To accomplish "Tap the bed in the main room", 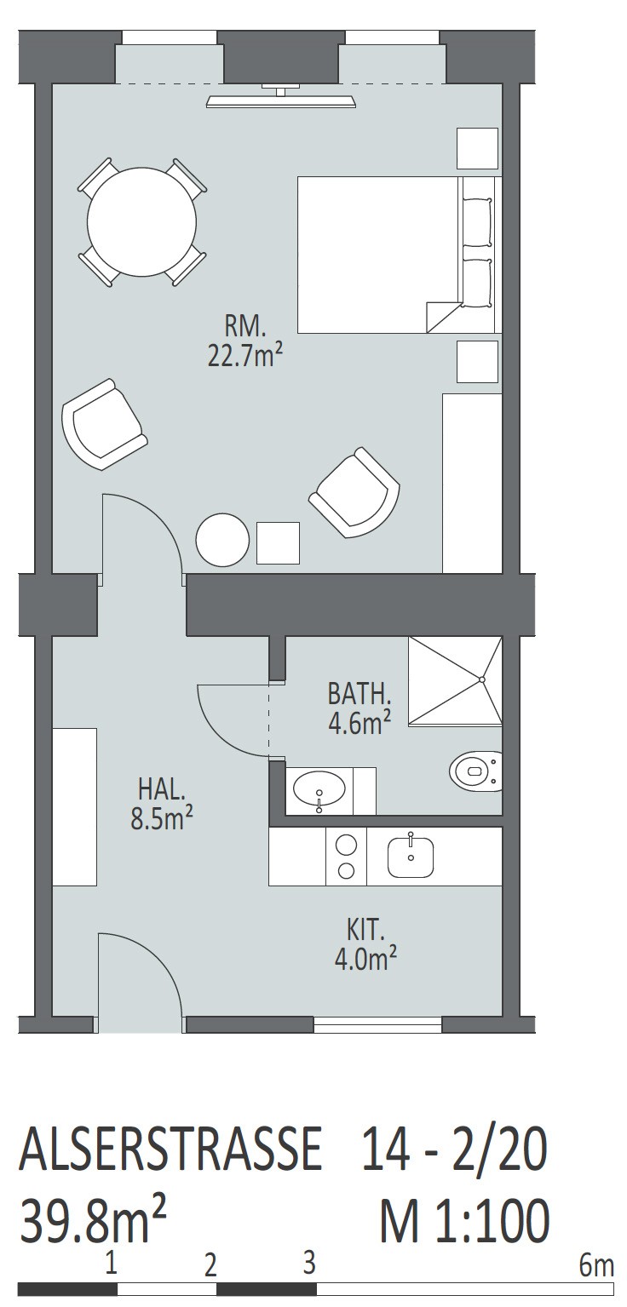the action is click(400, 255).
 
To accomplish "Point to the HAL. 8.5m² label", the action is click(162, 804).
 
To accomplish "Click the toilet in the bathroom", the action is click(476, 771).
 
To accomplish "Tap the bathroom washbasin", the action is click(319, 792).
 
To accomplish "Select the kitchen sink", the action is click(411, 857).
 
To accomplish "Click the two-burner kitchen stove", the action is click(346, 857).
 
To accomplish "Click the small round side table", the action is click(222, 539).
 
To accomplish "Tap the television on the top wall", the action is click(281, 96).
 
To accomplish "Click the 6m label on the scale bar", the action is click(596, 1263).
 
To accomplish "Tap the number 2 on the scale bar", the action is click(210, 1264).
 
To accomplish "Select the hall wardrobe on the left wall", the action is click(75, 806).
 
